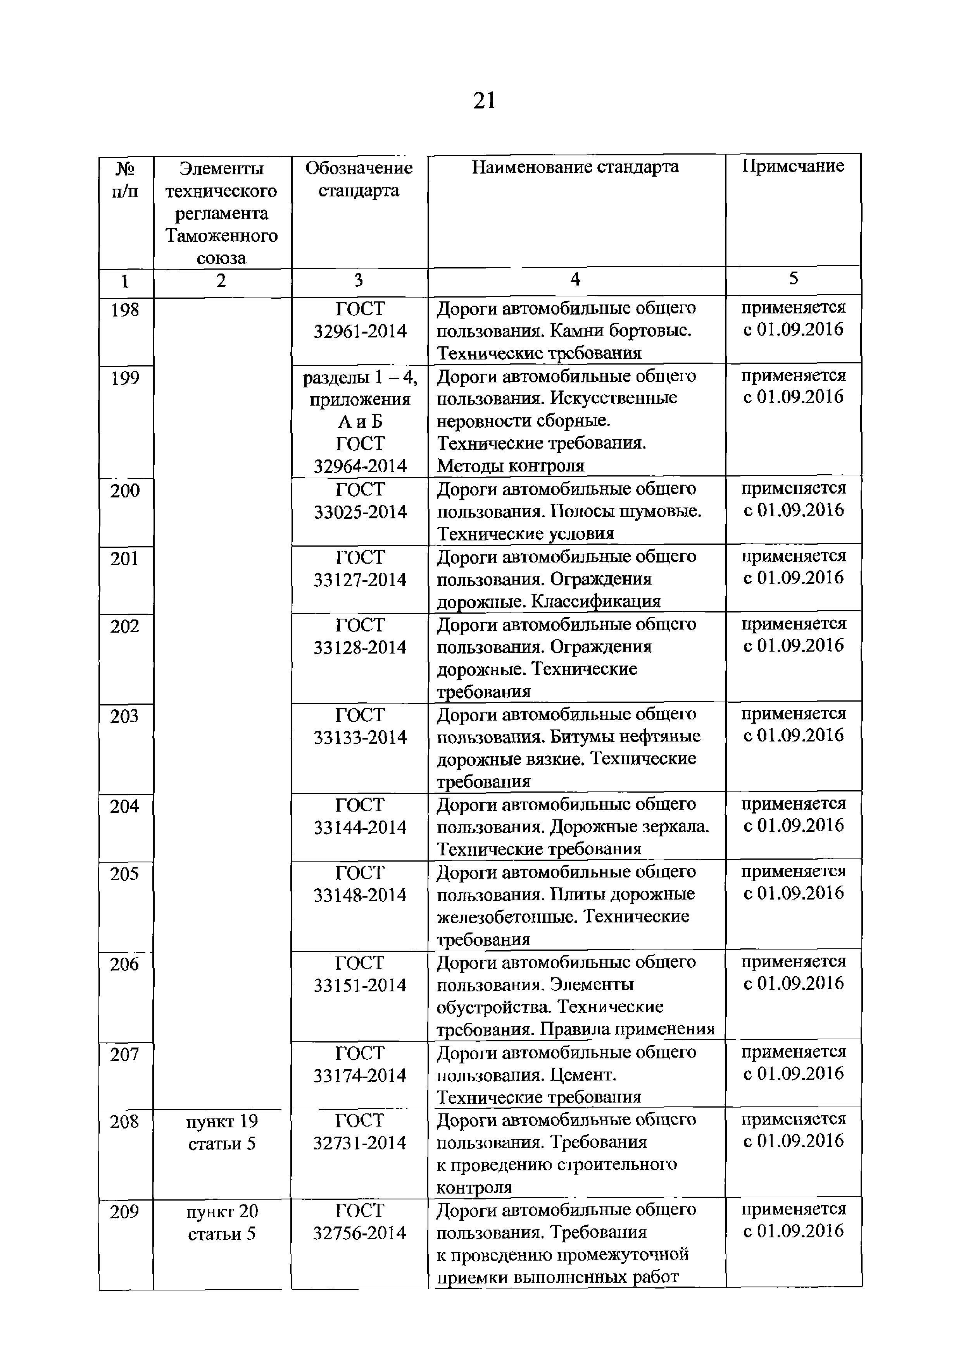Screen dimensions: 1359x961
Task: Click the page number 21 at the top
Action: pyautogui.click(x=484, y=101)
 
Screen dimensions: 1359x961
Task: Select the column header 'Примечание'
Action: pyautogui.click(x=793, y=166)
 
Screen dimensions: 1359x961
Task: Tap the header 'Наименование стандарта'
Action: pyautogui.click(x=575, y=167)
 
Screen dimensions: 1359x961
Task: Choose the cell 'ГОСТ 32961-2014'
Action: pyautogui.click(x=359, y=320)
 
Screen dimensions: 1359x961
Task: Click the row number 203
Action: pyautogui.click(x=124, y=717)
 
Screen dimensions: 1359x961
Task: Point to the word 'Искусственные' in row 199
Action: pyautogui.click(x=613, y=398)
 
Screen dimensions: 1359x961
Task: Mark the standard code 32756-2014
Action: pyautogui.click(x=359, y=1233)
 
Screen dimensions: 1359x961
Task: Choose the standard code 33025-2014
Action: pyautogui.click(x=360, y=512)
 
